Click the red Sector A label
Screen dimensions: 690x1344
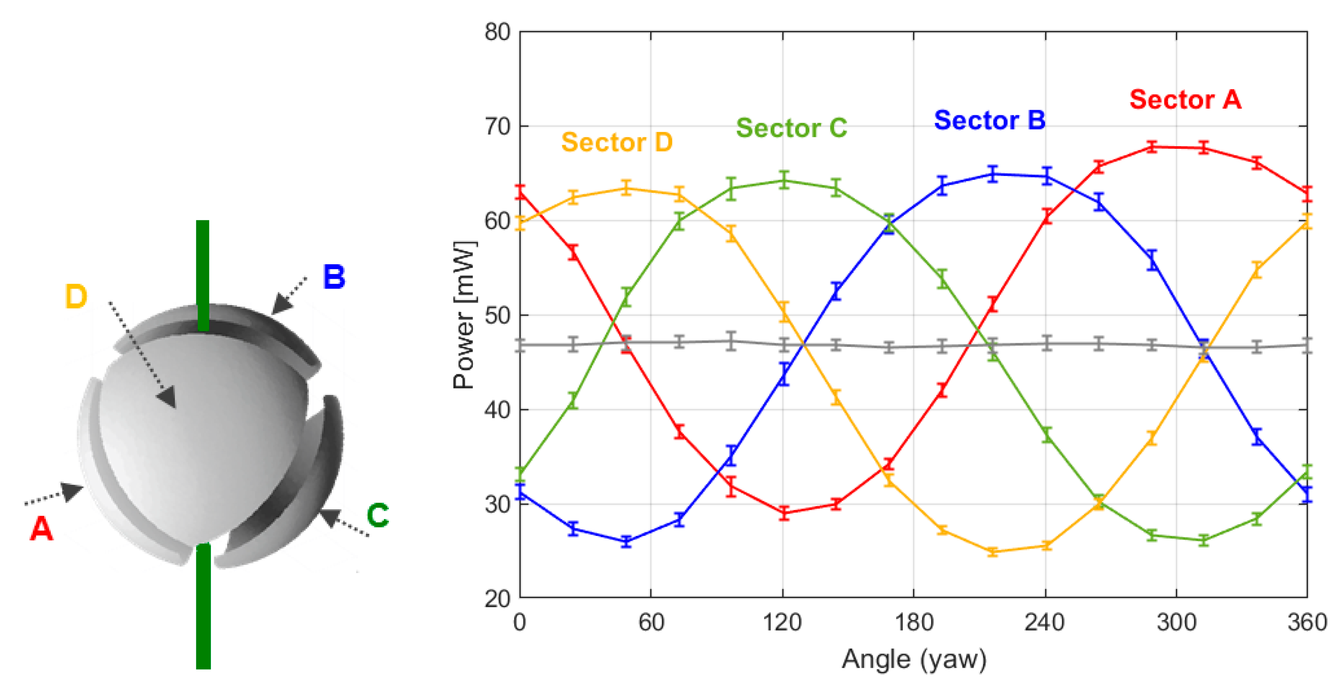click(1185, 99)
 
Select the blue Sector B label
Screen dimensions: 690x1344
click(989, 121)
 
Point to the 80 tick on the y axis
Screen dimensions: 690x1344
click(497, 32)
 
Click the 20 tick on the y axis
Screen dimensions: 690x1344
click(497, 599)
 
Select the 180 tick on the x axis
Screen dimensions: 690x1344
click(913, 623)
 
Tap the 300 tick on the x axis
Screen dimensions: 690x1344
click(1176, 623)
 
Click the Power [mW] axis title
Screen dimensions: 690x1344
click(463, 315)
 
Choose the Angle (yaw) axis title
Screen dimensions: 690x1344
click(913, 659)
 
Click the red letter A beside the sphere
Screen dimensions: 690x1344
click(41, 529)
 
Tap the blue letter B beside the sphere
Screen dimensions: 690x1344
click(334, 277)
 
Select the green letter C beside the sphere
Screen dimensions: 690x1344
click(377, 515)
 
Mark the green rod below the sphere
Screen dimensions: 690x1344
click(203, 608)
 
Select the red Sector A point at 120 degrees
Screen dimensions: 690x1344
click(783, 513)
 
